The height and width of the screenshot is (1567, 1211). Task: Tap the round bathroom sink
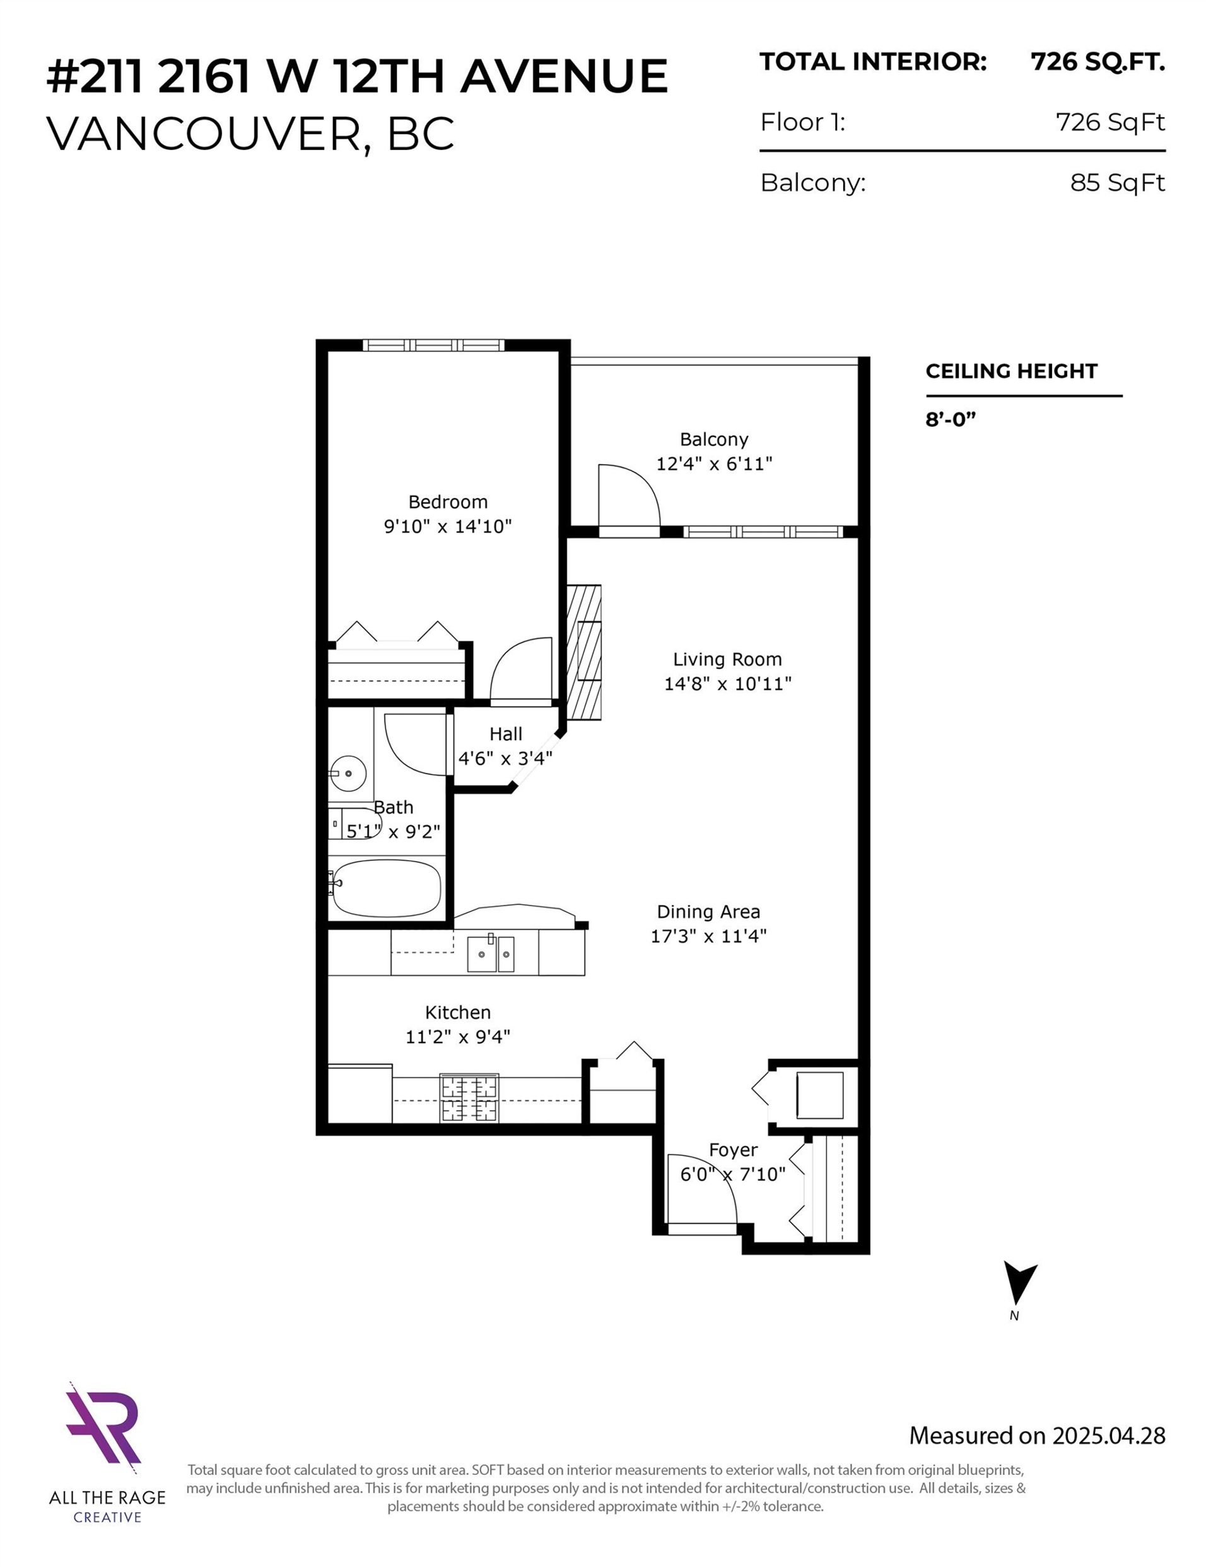(x=348, y=774)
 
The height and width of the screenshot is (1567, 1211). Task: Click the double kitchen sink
(x=491, y=954)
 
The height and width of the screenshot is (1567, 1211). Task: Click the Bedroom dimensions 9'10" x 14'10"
(x=447, y=527)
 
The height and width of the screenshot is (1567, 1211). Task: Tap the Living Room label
(x=727, y=660)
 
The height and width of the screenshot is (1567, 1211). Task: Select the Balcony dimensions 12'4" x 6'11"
(x=713, y=463)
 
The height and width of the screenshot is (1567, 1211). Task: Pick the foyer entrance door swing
(x=700, y=1192)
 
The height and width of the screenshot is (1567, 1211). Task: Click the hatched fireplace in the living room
(x=583, y=652)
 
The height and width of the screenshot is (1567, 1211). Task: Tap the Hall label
(x=505, y=734)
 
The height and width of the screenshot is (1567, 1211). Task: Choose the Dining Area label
(x=708, y=912)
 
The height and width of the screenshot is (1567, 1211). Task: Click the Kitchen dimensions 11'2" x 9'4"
(x=457, y=1037)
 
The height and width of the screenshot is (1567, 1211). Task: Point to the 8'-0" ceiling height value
(x=951, y=419)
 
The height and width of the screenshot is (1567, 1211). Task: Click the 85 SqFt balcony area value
(x=1116, y=183)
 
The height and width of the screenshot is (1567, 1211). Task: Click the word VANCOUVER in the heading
(x=202, y=134)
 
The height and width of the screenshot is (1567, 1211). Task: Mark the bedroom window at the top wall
(x=433, y=345)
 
